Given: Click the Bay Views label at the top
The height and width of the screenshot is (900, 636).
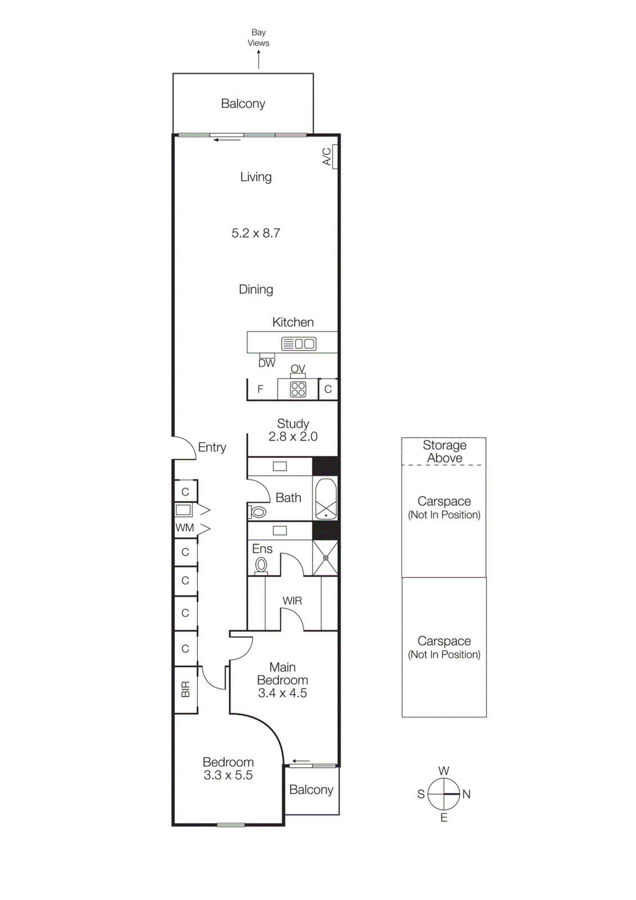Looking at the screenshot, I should tap(258, 38).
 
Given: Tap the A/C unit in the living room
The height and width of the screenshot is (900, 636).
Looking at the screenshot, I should tap(335, 156).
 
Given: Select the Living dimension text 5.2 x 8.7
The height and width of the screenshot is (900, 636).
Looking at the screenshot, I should tap(256, 233).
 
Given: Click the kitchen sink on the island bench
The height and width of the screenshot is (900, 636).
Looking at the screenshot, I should tap(299, 343).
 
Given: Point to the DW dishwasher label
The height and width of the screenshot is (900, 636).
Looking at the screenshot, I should tap(267, 363).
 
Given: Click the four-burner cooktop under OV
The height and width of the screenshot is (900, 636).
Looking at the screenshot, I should tap(298, 389).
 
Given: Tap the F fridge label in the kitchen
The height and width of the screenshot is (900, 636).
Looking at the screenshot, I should tap(260, 389).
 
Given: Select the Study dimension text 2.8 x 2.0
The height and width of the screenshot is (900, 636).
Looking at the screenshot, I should tap(293, 436).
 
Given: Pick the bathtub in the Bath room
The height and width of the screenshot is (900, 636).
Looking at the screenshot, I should tap(326, 498).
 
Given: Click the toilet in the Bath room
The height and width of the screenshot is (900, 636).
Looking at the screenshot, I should tap(258, 512).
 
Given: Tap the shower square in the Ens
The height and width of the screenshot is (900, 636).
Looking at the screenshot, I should tap(326, 558).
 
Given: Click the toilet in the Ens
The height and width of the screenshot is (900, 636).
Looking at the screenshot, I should tap(261, 565).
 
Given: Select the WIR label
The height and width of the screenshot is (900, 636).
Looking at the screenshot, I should tap(292, 601).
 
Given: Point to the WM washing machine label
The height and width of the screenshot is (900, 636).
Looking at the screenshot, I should tap(184, 528).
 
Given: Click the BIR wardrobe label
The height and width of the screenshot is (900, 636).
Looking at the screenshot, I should tap(186, 689).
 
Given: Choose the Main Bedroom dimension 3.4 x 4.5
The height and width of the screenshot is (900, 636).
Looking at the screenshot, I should tap(282, 693).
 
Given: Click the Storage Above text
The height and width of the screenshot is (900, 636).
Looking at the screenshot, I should tap(444, 451).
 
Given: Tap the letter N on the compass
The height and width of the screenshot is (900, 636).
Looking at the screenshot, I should tap(466, 794).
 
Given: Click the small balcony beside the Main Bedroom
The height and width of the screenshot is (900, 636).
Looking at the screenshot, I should tap(312, 790).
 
